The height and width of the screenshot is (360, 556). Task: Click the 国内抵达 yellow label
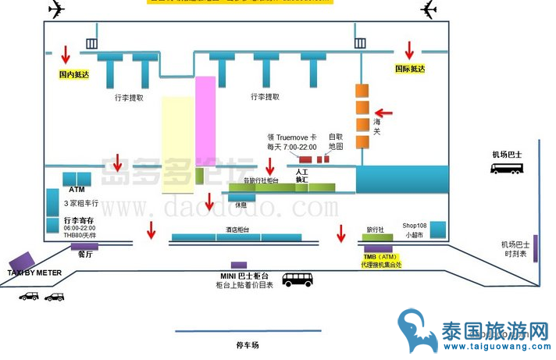[x=74, y=75]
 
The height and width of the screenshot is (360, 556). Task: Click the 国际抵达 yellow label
[x=410, y=69]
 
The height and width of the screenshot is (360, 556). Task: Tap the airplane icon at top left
[x=57, y=9]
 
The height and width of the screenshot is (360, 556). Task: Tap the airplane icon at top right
[x=428, y=9]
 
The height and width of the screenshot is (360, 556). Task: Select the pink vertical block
[x=205, y=118]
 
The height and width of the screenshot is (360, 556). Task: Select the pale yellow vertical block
[x=177, y=144]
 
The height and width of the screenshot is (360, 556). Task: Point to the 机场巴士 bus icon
[x=507, y=167]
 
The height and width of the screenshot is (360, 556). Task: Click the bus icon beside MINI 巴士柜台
[x=298, y=279]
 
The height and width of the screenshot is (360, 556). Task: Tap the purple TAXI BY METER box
[x=22, y=262]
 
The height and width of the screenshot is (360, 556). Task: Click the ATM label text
[x=77, y=190]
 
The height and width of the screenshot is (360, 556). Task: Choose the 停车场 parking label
[x=247, y=344]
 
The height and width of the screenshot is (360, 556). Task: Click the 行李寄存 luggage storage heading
[x=80, y=221]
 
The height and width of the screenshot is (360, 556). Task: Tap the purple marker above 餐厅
[x=84, y=247]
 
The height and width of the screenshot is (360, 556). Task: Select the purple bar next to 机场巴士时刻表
[x=536, y=245]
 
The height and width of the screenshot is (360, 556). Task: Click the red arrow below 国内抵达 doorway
[x=66, y=54]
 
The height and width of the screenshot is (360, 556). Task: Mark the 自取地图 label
[x=336, y=141]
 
